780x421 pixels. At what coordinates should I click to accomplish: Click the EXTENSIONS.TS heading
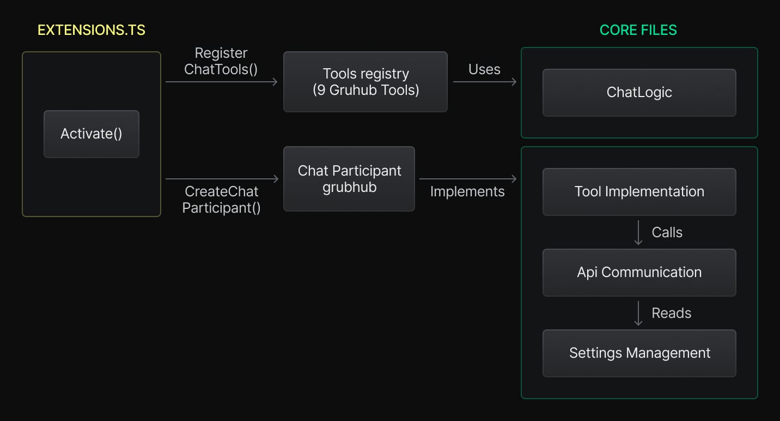point(92,30)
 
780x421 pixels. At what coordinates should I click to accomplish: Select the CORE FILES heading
point(638,30)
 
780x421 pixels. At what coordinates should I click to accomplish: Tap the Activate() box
point(92,134)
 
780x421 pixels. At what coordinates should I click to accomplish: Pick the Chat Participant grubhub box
point(349,179)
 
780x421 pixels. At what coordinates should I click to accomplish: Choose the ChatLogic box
point(639,93)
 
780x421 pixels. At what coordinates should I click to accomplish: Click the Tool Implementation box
point(639,191)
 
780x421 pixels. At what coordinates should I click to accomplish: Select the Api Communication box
point(639,272)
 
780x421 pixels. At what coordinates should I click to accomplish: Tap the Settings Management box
point(639,353)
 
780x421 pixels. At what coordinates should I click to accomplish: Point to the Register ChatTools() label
point(221,61)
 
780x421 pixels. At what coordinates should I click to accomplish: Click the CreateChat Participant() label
point(221,200)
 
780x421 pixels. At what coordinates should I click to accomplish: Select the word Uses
point(484,69)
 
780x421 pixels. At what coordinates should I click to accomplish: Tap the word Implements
point(467,191)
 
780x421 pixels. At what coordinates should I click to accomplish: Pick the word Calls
point(667,232)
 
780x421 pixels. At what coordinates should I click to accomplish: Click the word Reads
point(671,313)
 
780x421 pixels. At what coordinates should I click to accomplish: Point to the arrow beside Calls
point(638,232)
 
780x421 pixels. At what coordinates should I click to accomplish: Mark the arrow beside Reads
point(638,313)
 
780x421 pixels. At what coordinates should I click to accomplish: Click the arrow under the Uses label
point(484,82)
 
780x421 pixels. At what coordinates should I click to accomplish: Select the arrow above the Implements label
point(467,179)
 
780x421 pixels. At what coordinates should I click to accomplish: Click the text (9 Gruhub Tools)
point(365,90)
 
